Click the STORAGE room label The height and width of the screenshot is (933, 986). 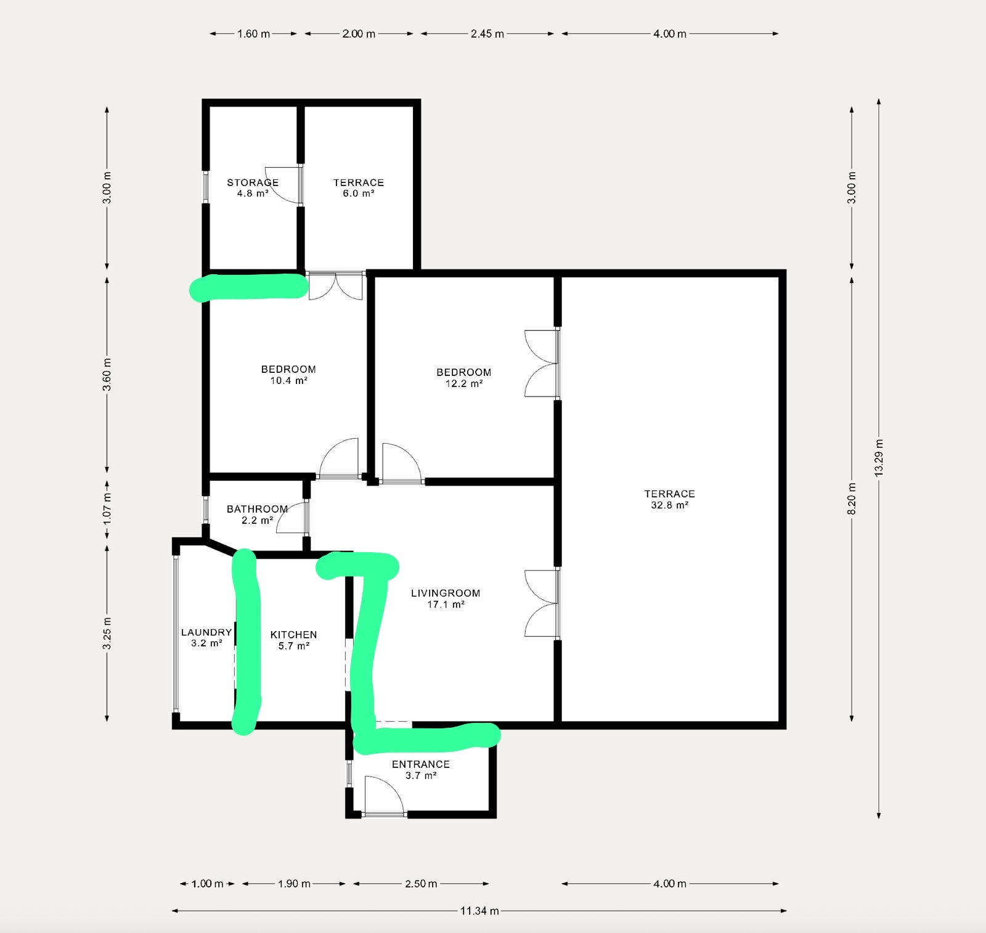coord(253,182)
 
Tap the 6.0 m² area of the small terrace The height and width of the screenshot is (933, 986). coord(359,194)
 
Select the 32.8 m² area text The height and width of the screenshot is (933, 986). coord(670,505)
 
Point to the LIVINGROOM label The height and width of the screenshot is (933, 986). coord(446,593)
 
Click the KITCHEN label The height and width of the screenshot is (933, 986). coord(294,635)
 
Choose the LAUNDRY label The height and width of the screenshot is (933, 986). coord(206,632)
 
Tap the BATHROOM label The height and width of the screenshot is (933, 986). coord(258,509)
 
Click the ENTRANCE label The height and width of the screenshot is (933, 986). coord(421,764)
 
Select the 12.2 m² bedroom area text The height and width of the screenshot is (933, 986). coord(464,383)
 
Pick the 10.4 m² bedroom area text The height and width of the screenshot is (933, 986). coord(288,381)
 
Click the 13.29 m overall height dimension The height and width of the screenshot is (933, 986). coord(879,457)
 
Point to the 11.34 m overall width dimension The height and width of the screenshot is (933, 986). coord(479,911)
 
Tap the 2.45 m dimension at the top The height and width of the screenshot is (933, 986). coord(487,34)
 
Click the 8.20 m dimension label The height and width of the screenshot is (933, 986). coord(852,498)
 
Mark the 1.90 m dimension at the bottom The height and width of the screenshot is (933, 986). coord(294,884)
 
